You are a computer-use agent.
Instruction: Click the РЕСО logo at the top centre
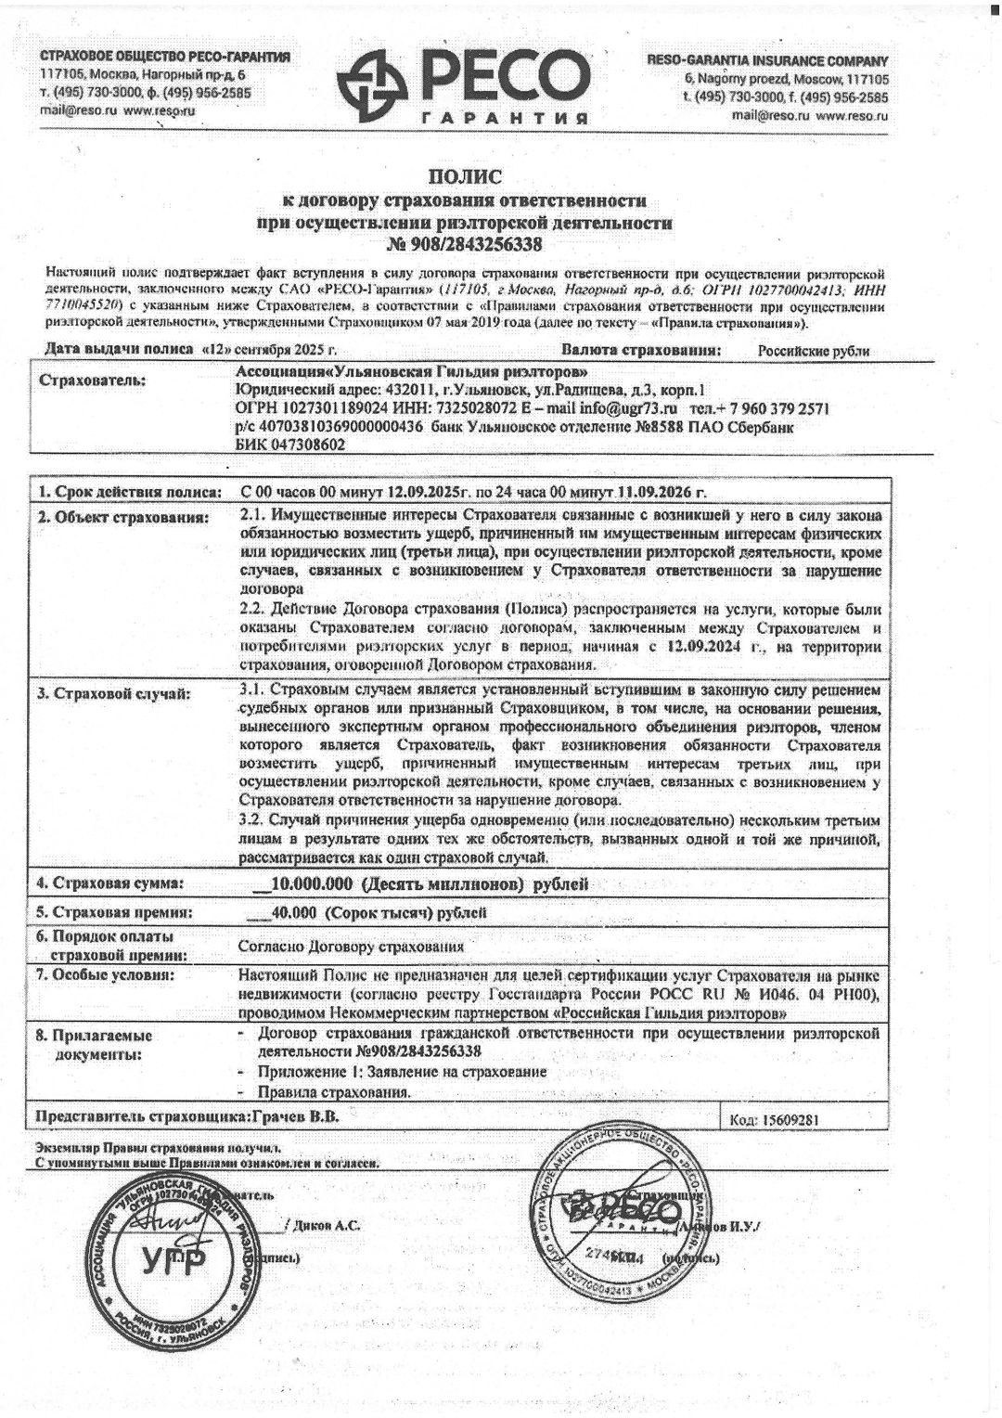coord(463,84)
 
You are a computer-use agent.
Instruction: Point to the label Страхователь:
coord(92,380)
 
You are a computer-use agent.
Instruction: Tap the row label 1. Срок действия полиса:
coord(129,491)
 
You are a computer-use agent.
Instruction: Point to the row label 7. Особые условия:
coord(105,975)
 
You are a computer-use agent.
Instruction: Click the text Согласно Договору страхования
coord(351,947)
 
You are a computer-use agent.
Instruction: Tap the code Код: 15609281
coord(775,1119)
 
